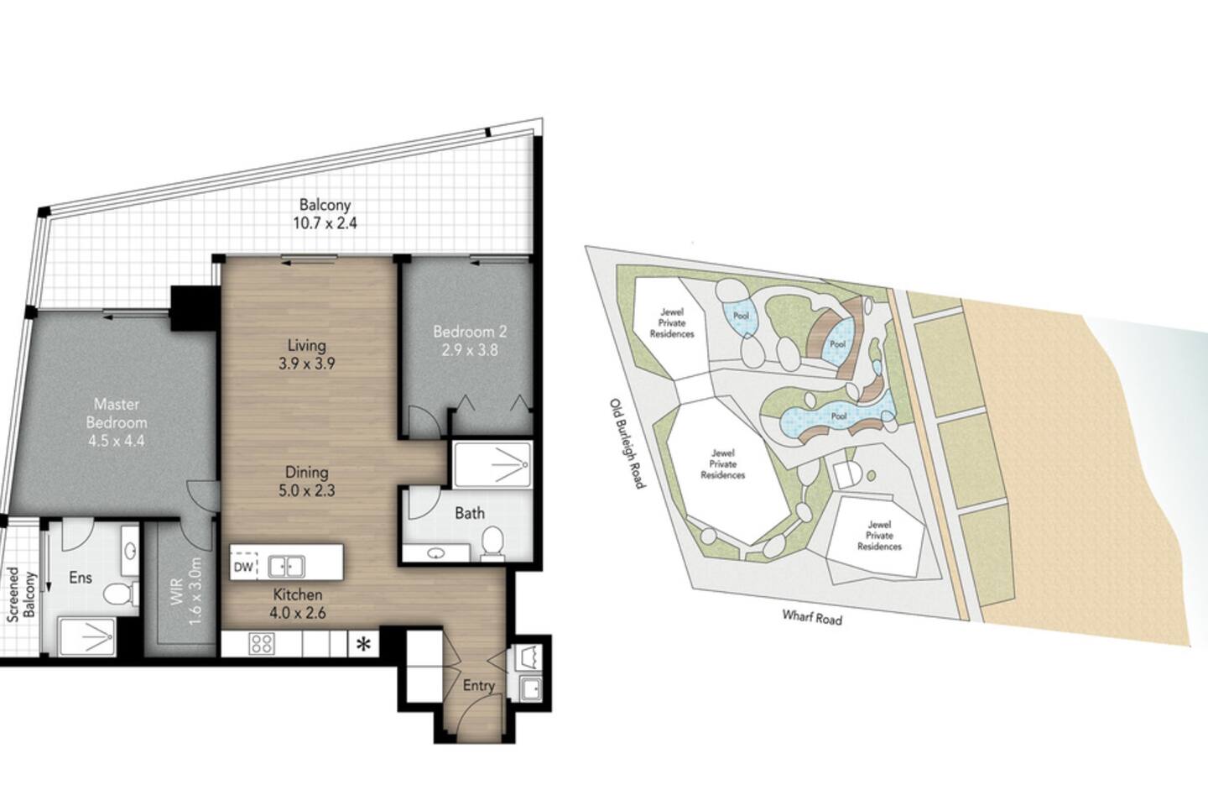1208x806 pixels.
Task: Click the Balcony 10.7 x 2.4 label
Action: click(325, 214)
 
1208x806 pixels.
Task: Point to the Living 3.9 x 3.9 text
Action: click(307, 354)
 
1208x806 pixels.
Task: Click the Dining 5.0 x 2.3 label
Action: click(307, 481)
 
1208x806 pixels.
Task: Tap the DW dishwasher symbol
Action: click(244, 567)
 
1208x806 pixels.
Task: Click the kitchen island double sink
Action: click(287, 567)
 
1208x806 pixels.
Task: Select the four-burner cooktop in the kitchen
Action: click(262, 643)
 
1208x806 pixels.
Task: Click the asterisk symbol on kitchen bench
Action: click(364, 644)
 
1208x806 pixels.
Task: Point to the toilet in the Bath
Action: click(492, 540)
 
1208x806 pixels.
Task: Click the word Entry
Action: click(479, 686)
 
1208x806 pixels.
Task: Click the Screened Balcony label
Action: click(21, 594)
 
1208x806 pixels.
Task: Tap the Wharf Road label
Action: click(812, 617)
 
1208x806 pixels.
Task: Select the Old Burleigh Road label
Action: click(627, 444)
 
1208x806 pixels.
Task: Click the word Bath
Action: click(470, 513)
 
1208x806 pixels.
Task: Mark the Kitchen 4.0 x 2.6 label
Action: click(299, 604)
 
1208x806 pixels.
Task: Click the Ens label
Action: click(81, 577)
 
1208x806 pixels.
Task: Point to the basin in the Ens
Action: click(129, 551)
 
